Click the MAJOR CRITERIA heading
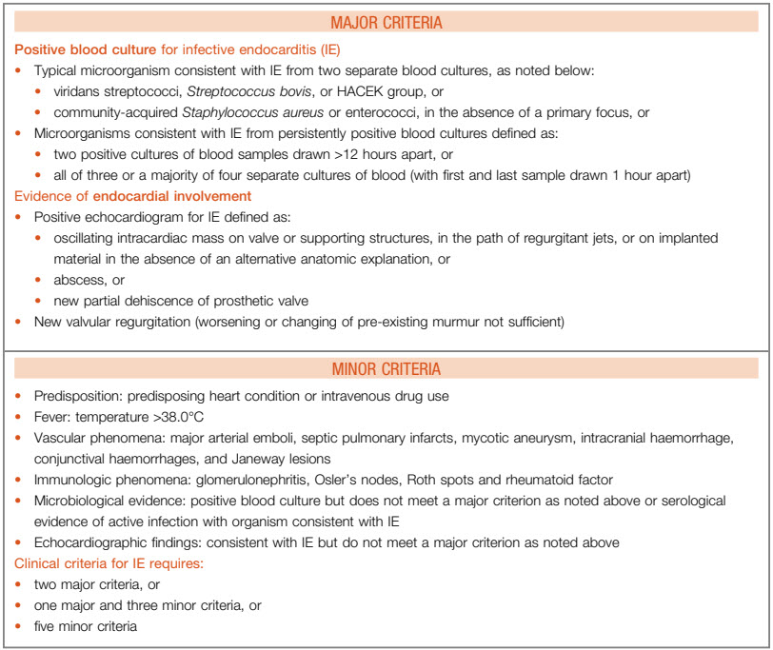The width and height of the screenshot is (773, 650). (386, 22)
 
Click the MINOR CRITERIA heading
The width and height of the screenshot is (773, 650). (386, 369)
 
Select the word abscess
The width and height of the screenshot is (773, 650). (78, 280)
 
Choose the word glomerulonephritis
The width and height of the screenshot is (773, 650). (224, 480)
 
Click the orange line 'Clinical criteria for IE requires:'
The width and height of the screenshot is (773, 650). (110, 563)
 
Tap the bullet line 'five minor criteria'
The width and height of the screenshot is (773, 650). (86, 626)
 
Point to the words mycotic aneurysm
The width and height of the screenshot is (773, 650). (536, 438)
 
